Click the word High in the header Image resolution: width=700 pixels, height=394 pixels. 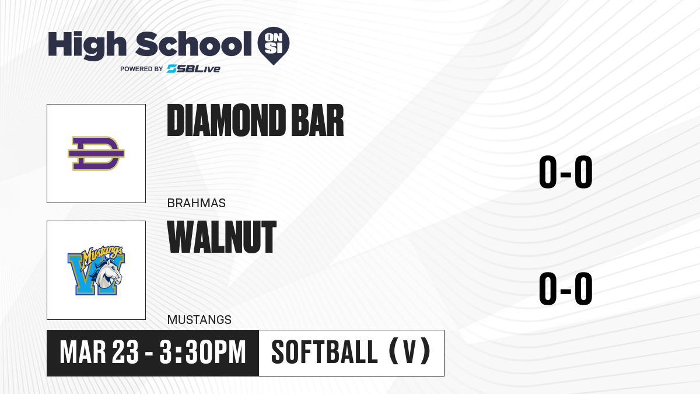tap(87, 46)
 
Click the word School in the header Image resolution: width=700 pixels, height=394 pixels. tap(194, 44)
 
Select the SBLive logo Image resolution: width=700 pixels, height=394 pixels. tap(193, 69)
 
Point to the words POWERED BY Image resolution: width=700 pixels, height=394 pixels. tap(142, 69)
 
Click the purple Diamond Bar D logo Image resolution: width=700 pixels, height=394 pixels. tap(96, 154)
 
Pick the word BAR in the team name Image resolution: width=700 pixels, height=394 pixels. tap(317, 120)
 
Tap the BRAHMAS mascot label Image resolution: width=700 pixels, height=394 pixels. tap(196, 203)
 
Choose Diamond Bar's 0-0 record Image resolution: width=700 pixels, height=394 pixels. tap(566, 172)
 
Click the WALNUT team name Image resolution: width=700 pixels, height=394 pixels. tap(222, 237)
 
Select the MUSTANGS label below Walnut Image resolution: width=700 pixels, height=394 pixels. tap(199, 320)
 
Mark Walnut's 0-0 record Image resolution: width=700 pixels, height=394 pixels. tap(566, 288)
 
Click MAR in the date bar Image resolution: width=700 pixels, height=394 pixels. tap(83, 353)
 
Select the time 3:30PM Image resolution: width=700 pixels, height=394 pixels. tap(202, 353)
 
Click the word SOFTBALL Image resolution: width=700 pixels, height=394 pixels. tap(324, 353)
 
